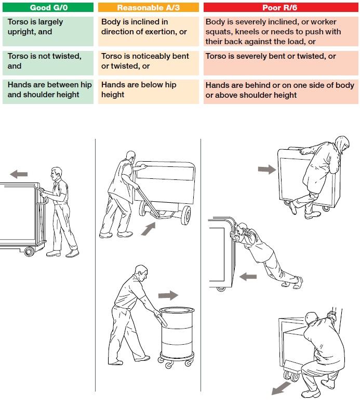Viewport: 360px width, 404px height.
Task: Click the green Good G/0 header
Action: point(48,7)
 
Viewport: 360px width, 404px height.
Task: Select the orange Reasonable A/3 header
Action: point(148,7)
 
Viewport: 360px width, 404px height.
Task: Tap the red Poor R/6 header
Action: point(280,7)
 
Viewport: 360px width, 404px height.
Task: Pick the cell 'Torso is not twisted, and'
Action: point(48,61)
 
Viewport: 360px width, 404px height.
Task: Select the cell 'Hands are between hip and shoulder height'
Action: point(48,90)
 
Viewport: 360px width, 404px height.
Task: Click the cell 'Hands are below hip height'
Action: point(148,90)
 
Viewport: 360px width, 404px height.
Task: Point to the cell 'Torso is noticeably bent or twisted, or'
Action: point(148,61)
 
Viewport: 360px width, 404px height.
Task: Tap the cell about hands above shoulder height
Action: point(280,90)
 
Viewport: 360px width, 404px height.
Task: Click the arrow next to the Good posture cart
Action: point(19,174)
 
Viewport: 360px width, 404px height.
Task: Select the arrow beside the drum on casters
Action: point(168,295)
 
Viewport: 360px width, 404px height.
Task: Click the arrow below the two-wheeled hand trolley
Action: point(148,229)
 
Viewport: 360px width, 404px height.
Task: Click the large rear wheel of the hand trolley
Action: point(184,215)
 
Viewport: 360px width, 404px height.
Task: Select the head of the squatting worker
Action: point(311,318)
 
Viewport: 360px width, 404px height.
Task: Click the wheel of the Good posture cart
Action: point(29,252)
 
